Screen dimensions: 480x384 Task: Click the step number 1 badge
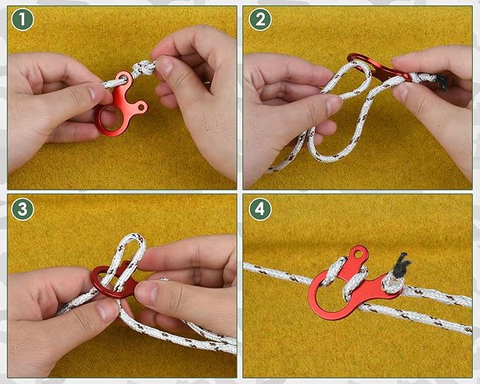tap(23, 20)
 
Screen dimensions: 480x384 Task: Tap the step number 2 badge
tap(260, 20)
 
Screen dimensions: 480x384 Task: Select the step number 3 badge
tap(23, 209)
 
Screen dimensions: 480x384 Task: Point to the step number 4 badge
tap(260, 209)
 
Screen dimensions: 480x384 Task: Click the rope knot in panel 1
tap(144, 68)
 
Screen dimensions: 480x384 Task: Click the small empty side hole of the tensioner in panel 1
tap(141, 107)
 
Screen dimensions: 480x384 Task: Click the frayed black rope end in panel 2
tap(441, 82)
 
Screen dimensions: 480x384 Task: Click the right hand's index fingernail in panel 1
tap(165, 65)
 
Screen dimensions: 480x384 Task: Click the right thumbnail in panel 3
tap(146, 292)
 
